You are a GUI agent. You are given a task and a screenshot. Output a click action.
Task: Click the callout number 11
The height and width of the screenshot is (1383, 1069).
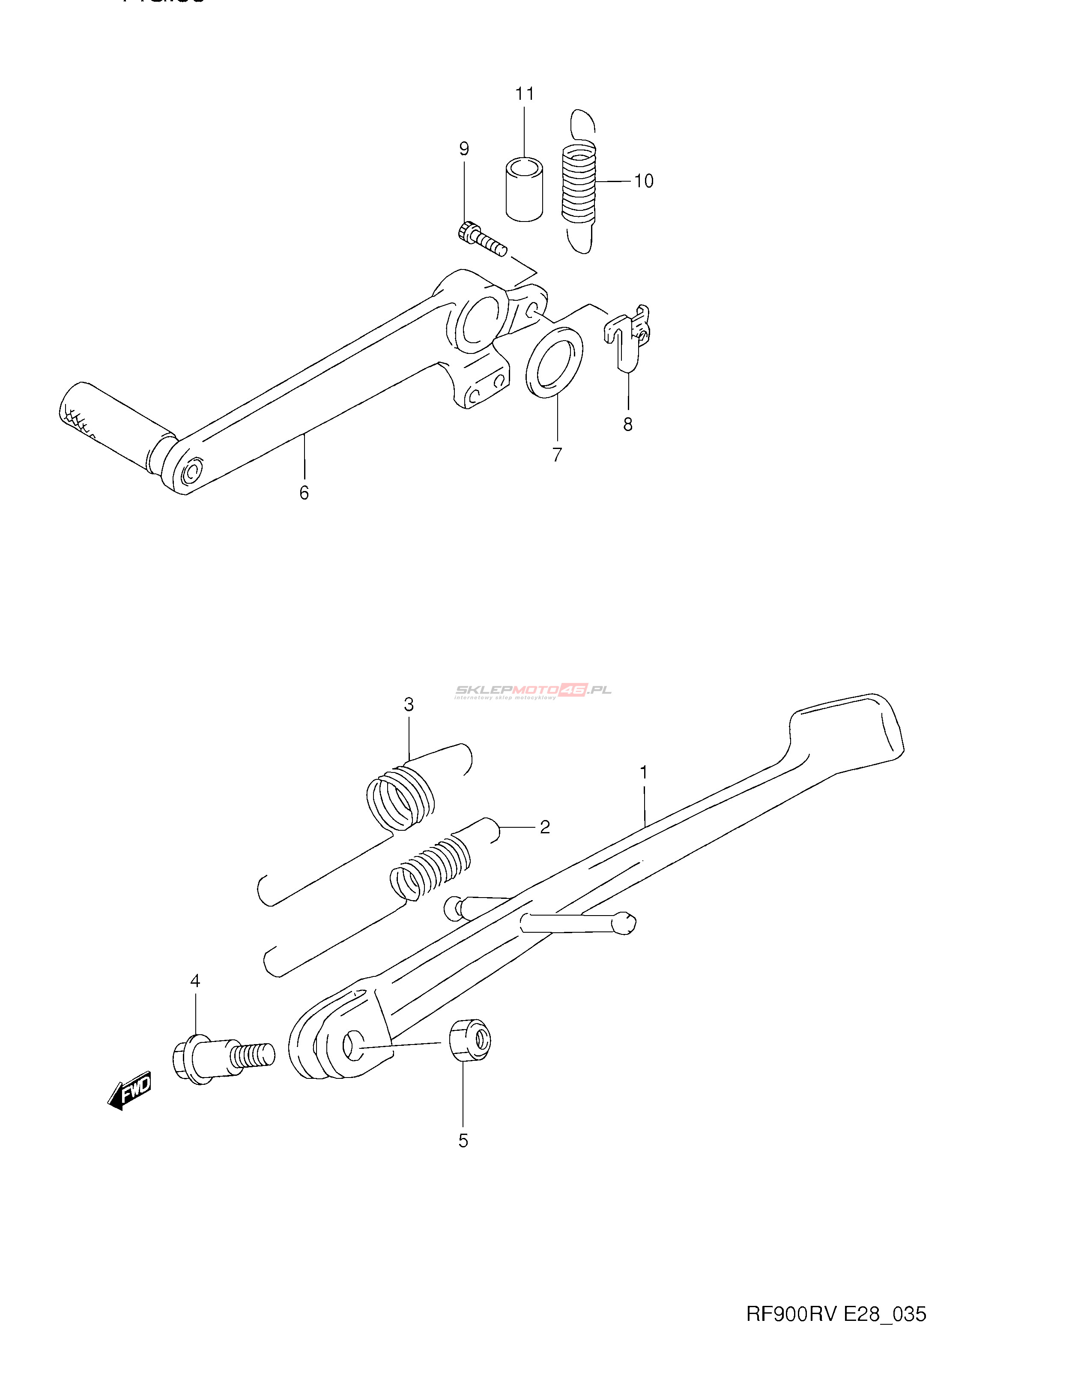coord(525,94)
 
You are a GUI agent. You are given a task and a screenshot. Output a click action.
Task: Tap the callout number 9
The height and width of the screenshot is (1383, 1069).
coord(464,150)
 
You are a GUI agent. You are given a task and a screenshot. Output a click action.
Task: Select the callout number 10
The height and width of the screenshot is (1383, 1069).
coord(644,181)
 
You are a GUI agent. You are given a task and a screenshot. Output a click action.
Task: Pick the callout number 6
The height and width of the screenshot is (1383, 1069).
coord(304,493)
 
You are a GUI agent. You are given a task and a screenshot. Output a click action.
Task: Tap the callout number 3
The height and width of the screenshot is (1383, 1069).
coord(409,704)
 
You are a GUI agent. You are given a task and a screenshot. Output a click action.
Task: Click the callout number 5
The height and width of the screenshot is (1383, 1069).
coord(463,1141)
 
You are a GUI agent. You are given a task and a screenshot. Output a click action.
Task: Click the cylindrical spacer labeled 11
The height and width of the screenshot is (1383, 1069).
coord(524,189)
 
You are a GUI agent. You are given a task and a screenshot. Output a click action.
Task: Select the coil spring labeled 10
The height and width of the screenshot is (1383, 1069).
coord(579,184)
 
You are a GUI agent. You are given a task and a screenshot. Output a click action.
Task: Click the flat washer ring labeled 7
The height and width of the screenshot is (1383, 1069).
coord(555,363)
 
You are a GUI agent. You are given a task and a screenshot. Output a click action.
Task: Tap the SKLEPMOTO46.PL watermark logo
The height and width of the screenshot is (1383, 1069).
coord(533,690)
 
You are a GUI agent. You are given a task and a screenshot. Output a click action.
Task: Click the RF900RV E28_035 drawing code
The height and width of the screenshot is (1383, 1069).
coord(836,1314)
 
